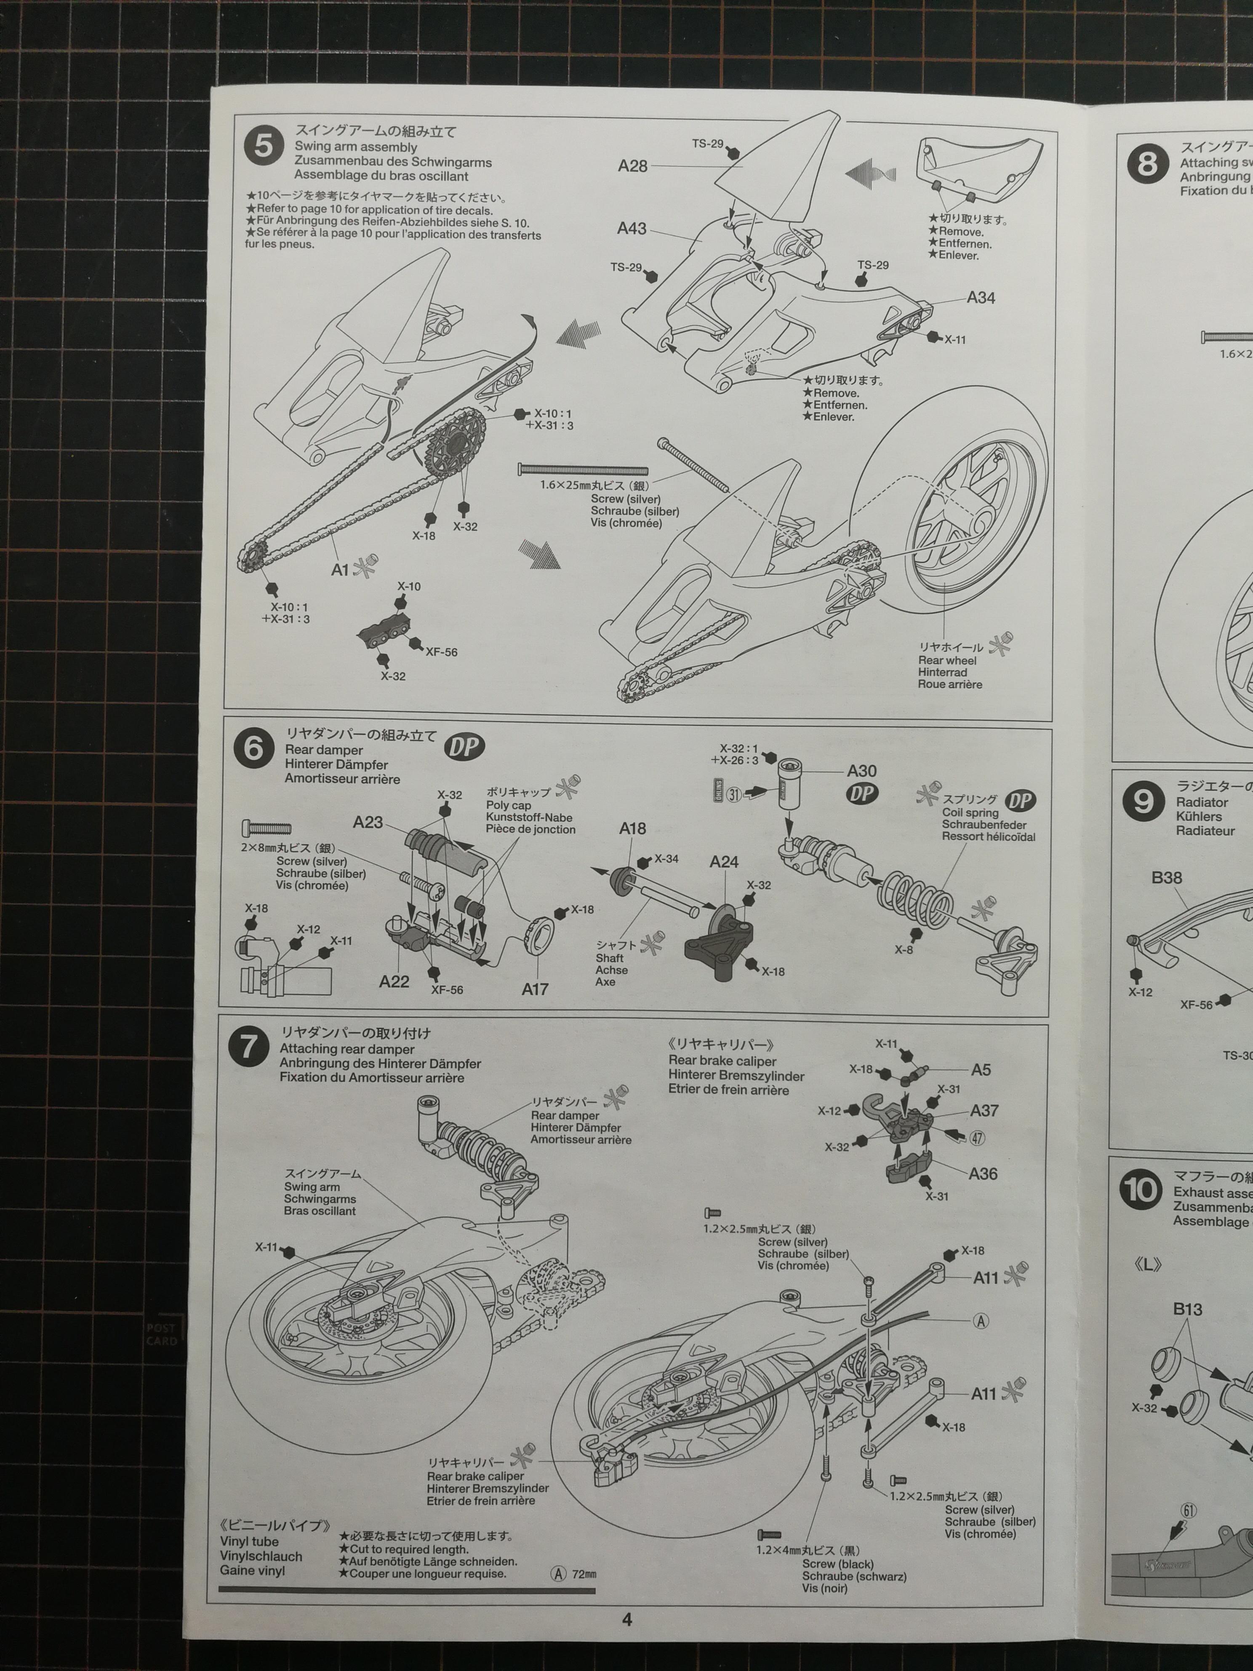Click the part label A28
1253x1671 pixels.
(633, 165)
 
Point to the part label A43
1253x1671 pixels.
(632, 228)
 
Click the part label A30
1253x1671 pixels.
(862, 771)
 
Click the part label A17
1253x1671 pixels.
(535, 988)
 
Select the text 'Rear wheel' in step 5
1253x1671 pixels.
(947, 660)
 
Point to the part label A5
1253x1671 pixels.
(981, 1070)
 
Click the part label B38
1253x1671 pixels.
(1167, 878)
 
